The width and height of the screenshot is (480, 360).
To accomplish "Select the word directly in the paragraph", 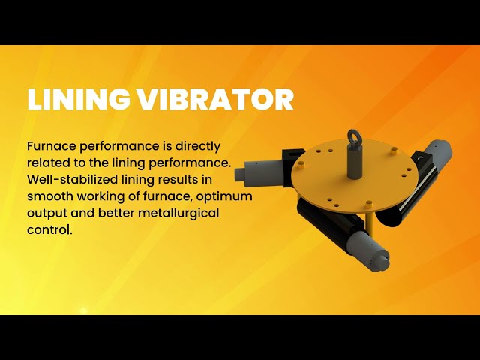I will pos(196,146).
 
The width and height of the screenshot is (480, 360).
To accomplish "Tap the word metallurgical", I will pos(178,212).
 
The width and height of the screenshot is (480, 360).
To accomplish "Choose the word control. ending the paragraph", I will pos(49,229).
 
